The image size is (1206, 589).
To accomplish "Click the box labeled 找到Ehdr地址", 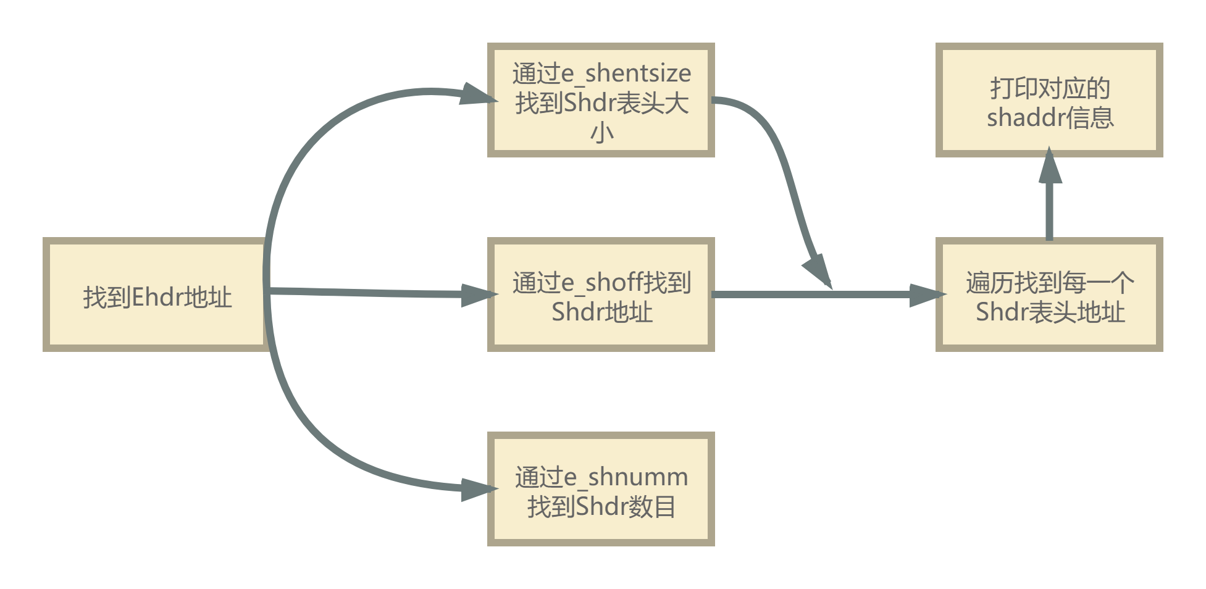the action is [154, 294].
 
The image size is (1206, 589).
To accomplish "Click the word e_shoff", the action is [606, 283].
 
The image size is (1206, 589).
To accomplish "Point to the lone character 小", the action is [601, 132].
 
